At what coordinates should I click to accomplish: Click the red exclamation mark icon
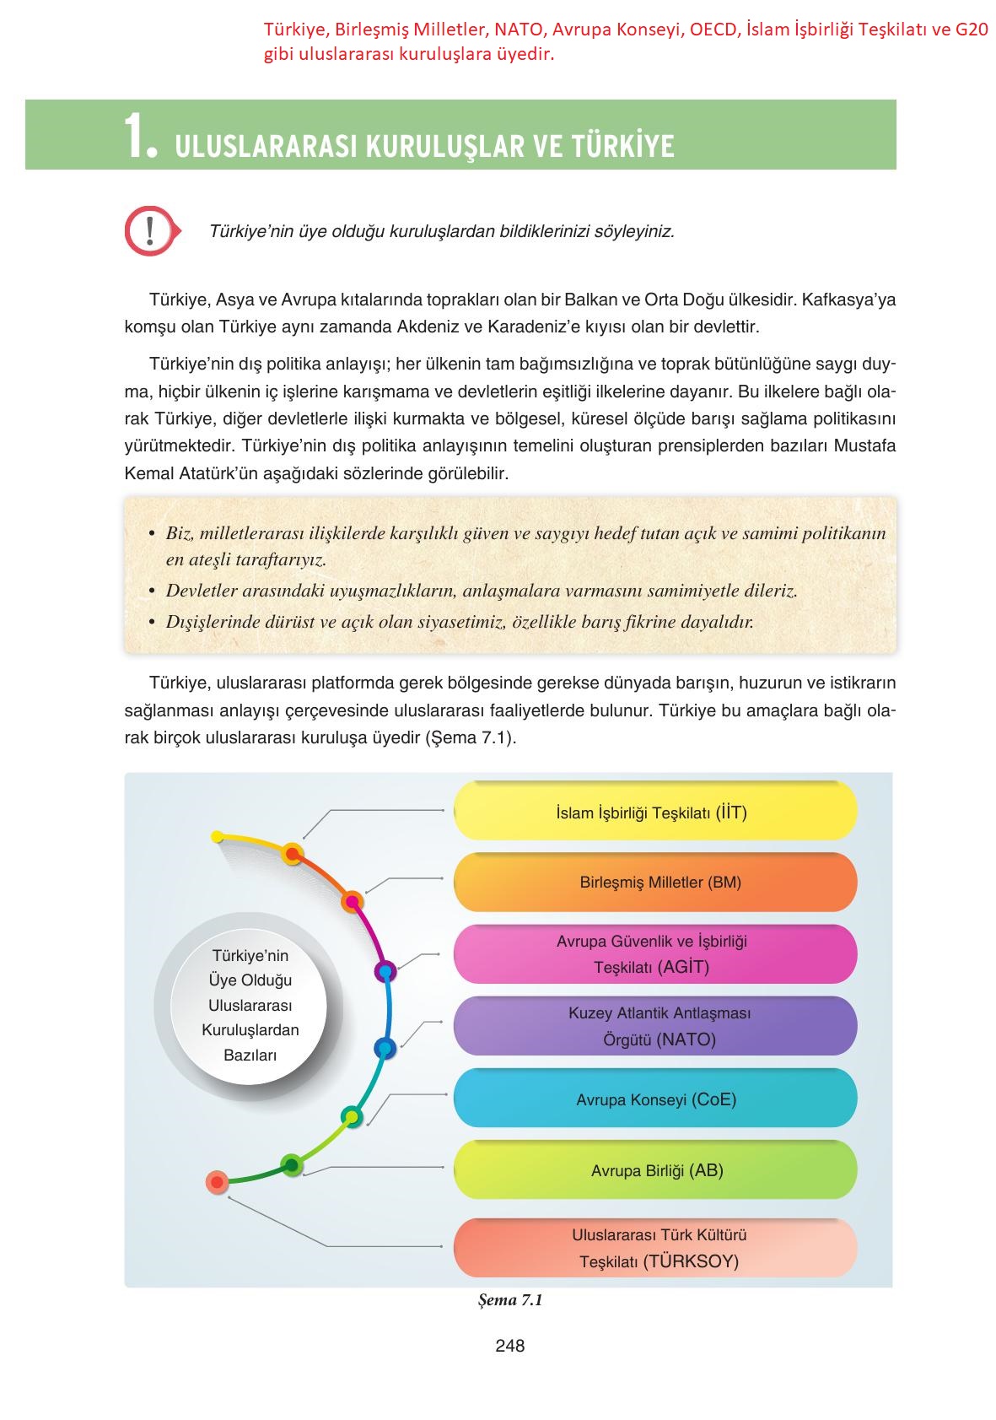[150, 229]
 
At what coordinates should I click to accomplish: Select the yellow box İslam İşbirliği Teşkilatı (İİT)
[655, 811]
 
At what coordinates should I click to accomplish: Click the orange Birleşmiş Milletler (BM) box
[655, 883]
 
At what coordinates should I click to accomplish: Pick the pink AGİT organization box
[655, 954]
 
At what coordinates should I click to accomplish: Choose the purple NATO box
[655, 1026]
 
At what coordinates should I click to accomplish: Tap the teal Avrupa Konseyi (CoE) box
[655, 1099]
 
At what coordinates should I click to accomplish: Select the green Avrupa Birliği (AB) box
[655, 1170]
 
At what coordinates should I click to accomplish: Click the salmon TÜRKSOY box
[655, 1248]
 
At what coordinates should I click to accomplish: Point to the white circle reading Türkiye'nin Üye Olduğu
[250, 1004]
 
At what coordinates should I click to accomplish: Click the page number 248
[509, 1346]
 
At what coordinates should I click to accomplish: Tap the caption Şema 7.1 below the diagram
[509, 1300]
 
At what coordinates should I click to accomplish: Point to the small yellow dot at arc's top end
[217, 837]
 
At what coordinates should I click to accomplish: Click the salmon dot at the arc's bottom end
[218, 1182]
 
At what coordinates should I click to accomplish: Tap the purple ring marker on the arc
[385, 971]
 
